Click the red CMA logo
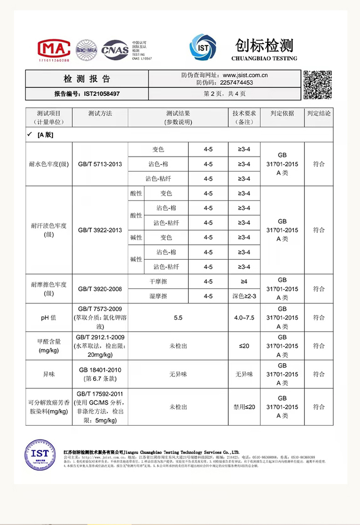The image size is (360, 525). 53,48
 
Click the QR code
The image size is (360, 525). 318,85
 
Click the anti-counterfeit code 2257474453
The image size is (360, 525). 236,83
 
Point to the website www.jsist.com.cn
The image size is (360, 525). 248,75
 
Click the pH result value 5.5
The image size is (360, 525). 178,318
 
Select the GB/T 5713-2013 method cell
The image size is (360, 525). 100,164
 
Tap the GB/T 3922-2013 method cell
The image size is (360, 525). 100,230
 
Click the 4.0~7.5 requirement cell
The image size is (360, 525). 244,318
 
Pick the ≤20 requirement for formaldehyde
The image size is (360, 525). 244,346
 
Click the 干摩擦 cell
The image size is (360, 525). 158,282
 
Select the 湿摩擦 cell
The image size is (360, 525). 158,296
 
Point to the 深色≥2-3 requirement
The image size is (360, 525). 244,296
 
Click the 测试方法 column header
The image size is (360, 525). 100,113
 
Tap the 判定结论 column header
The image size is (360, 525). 319,113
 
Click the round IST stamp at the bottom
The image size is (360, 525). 40,455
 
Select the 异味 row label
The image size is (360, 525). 49,374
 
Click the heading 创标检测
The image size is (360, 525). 264,46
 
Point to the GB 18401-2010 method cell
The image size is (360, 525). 100,374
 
